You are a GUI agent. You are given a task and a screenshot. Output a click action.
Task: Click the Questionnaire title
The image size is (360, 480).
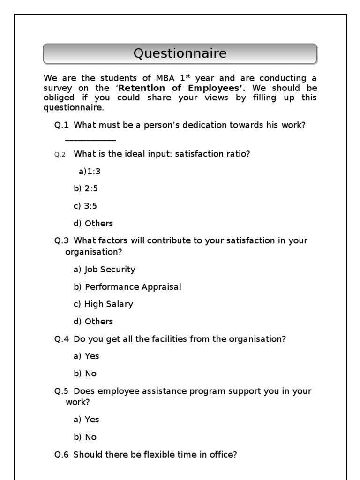coord(180,53)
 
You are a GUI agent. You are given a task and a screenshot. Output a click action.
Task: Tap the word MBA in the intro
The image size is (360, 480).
coord(161,78)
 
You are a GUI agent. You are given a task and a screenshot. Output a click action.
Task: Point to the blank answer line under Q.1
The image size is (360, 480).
coord(90,140)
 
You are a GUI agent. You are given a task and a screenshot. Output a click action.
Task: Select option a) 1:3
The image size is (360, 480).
coord(90,172)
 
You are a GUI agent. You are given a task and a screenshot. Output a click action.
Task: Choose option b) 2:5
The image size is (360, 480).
coord(85,189)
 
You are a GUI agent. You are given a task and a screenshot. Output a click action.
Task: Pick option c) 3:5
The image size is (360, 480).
coord(85,206)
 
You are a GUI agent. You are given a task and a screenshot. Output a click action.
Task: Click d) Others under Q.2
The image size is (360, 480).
coord(93,224)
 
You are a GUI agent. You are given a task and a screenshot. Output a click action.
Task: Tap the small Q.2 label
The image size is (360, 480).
coord(60,155)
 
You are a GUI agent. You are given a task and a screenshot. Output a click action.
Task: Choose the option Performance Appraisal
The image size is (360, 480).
coord(127,287)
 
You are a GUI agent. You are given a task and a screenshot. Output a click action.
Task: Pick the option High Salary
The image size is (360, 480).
coord(103,304)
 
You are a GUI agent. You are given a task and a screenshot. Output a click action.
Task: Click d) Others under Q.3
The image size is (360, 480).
coord(93,322)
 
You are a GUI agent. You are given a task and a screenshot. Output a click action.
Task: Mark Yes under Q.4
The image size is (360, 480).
coord(86,356)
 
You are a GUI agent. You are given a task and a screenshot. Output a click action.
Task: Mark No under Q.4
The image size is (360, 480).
coord(85,374)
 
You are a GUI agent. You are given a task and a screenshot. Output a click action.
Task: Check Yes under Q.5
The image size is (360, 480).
coord(86,420)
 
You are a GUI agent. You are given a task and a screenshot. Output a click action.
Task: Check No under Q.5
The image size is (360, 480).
coord(85,437)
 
